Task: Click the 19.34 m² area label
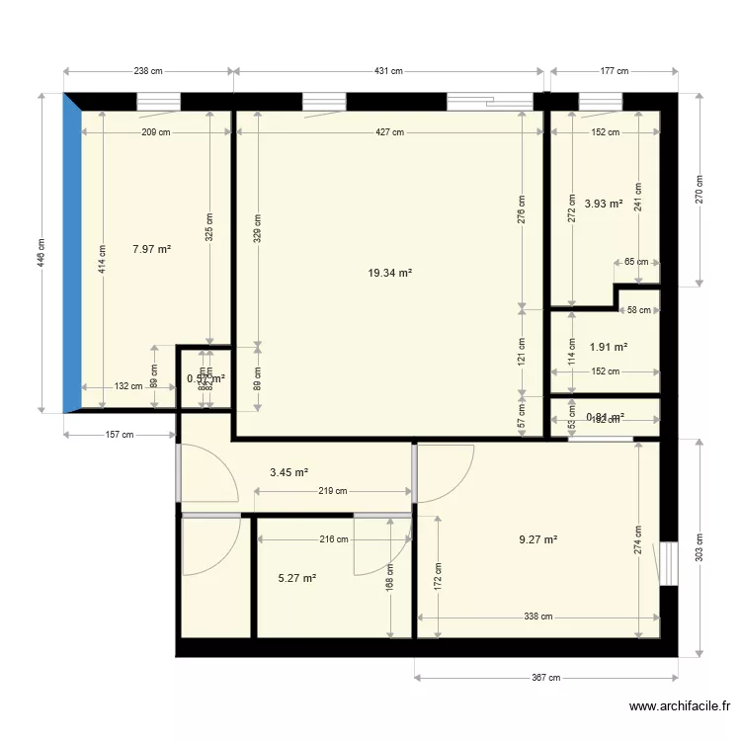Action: point(389,274)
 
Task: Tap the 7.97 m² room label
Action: point(151,250)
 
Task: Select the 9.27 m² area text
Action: point(538,539)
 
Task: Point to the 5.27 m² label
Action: point(296,578)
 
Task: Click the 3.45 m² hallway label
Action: point(289,472)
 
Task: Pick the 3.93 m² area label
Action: point(603,205)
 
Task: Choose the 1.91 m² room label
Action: point(608,347)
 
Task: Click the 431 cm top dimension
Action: point(389,71)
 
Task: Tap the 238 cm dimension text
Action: point(148,71)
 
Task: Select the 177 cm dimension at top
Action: point(615,71)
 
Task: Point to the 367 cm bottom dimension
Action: point(546,678)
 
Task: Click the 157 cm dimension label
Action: point(120,435)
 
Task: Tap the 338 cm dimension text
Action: point(538,616)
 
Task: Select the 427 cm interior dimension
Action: point(389,132)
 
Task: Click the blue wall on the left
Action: point(71,252)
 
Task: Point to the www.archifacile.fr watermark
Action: point(679,706)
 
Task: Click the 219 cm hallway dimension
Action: point(333,491)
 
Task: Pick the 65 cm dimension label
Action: point(637,262)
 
